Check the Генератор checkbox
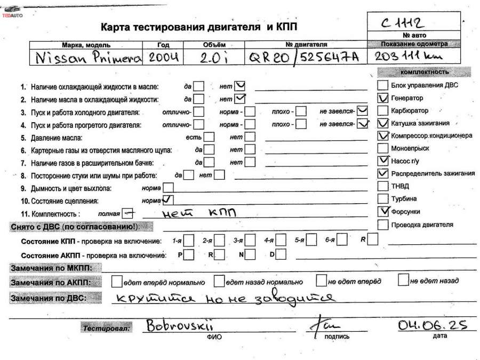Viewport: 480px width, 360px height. coord(382,98)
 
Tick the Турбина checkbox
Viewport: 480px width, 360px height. coord(382,199)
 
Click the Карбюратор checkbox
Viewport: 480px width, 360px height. coord(382,111)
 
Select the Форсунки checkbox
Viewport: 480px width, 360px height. coord(382,211)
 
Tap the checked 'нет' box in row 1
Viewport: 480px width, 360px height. coord(240,85)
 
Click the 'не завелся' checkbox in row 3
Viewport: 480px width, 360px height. coord(363,111)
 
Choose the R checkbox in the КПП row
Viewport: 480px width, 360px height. coord(372,239)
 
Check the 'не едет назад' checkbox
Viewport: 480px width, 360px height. coord(403,280)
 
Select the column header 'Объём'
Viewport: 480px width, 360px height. coord(214,45)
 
